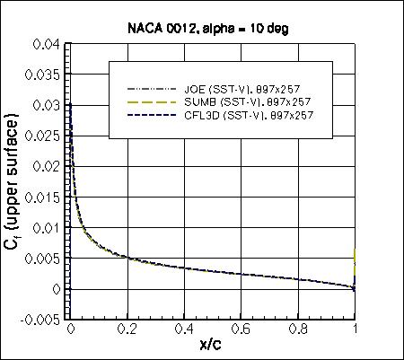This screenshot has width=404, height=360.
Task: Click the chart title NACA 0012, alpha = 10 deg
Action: pyautogui.click(x=212, y=27)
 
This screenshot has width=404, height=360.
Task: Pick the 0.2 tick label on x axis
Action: pyautogui.click(x=127, y=330)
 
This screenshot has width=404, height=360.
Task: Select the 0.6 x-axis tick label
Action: pyautogui.click(x=242, y=330)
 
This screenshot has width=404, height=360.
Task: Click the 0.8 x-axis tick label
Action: pyautogui.click(x=298, y=330)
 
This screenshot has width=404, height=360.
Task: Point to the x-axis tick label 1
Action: pyautogui.click(x=356, y=330)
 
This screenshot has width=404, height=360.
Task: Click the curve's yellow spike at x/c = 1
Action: pyautogui.click(x=356, y=260)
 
